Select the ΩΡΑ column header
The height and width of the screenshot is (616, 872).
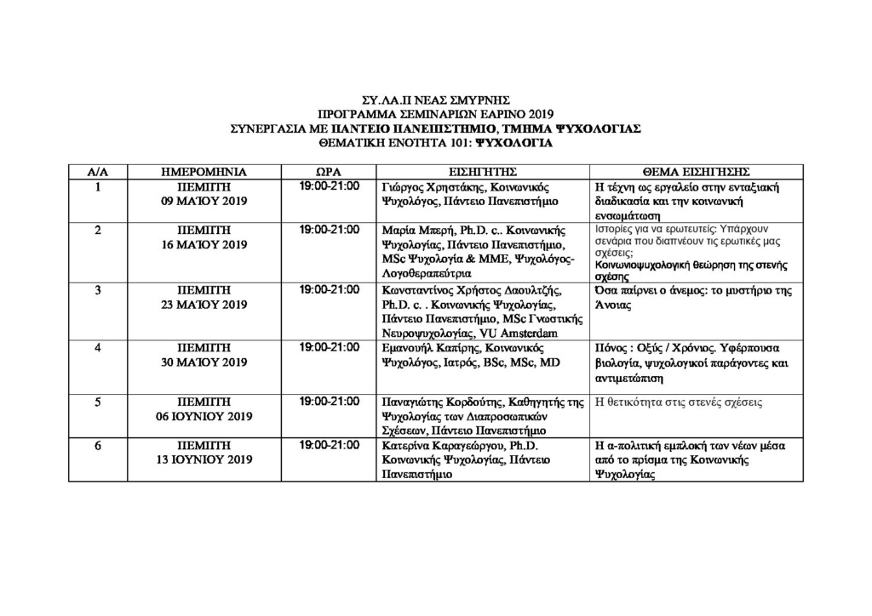(329, 172)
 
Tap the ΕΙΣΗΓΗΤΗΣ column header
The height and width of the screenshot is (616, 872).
(483, 172)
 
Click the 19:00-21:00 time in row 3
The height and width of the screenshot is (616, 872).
(330, 289)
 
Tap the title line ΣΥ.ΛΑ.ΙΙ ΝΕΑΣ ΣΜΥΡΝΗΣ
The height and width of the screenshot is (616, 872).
(435, 98)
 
